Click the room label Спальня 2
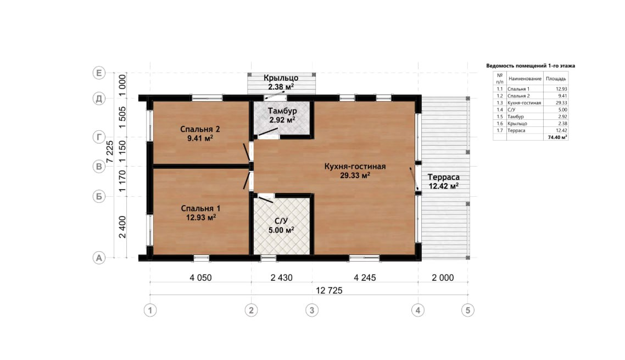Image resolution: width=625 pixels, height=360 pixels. (x=200, y=129)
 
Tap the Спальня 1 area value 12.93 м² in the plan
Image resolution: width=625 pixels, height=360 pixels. (x=201, y=218)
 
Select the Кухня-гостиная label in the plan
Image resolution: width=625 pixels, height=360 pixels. (x=355, y=167)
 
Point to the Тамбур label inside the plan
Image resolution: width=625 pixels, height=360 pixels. (x=282, y=111)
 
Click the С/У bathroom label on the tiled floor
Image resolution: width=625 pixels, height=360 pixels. (x=281, y=221)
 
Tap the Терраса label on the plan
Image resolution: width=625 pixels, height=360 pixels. (x=444, y=177)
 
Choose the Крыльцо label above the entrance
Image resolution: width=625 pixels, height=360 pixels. (x=281, y=78)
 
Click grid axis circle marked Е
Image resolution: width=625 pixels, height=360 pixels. (x=99, y=73)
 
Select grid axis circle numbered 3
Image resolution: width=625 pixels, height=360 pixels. (x=312, y=310)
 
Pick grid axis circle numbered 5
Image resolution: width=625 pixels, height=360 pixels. (x=468, y=310)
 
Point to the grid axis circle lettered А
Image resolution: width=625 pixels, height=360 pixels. (x=99, y=258)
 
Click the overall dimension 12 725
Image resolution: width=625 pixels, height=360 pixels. (x=329, y=291)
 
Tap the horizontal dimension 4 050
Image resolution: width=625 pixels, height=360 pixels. (x=200, y=278)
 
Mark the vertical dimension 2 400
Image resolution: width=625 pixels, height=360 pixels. (x=122, y=227)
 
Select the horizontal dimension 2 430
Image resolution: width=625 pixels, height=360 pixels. (x=281, y=278)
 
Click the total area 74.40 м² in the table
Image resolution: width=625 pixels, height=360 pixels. (x=557, y=137)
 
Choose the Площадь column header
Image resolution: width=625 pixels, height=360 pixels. (x=556, y=79)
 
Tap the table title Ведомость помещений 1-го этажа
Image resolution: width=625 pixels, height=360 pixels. (x=531, y=66)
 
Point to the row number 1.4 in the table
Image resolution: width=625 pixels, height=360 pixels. (x=499, y=110)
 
